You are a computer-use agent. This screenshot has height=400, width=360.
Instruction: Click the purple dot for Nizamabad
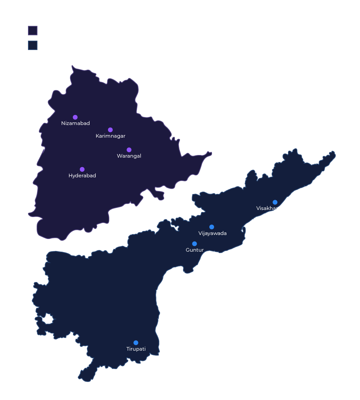point(75,117)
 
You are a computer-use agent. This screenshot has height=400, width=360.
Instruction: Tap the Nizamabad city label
point(75,123)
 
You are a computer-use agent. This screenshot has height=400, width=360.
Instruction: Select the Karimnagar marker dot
point(110,130)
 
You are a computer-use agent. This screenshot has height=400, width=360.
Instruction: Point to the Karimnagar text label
point(110,136)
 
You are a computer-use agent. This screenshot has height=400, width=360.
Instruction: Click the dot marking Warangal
point(129,150)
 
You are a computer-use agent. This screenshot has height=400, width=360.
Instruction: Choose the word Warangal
point(129,156)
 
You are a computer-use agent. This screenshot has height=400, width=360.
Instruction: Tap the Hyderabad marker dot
point(82,169)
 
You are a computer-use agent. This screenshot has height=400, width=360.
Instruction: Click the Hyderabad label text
point(82,176)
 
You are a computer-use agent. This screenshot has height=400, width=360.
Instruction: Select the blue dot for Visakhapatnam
point(275,202)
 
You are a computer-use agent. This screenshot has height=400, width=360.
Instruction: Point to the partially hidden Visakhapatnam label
point(267,208)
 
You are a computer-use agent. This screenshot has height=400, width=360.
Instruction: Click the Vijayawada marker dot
point(212,227)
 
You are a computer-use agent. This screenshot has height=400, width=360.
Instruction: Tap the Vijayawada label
point(212,233)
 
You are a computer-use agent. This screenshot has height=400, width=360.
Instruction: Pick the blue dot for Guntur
point(194,244)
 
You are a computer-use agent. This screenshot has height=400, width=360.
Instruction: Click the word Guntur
point(195,250)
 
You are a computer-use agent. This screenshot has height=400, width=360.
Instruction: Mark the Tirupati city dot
point(136,343)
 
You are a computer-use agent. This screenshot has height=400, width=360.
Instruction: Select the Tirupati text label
point(136,349)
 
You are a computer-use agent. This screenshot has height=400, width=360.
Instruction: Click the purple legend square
point(33,30)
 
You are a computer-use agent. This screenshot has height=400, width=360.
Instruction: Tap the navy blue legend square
point(33,45)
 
